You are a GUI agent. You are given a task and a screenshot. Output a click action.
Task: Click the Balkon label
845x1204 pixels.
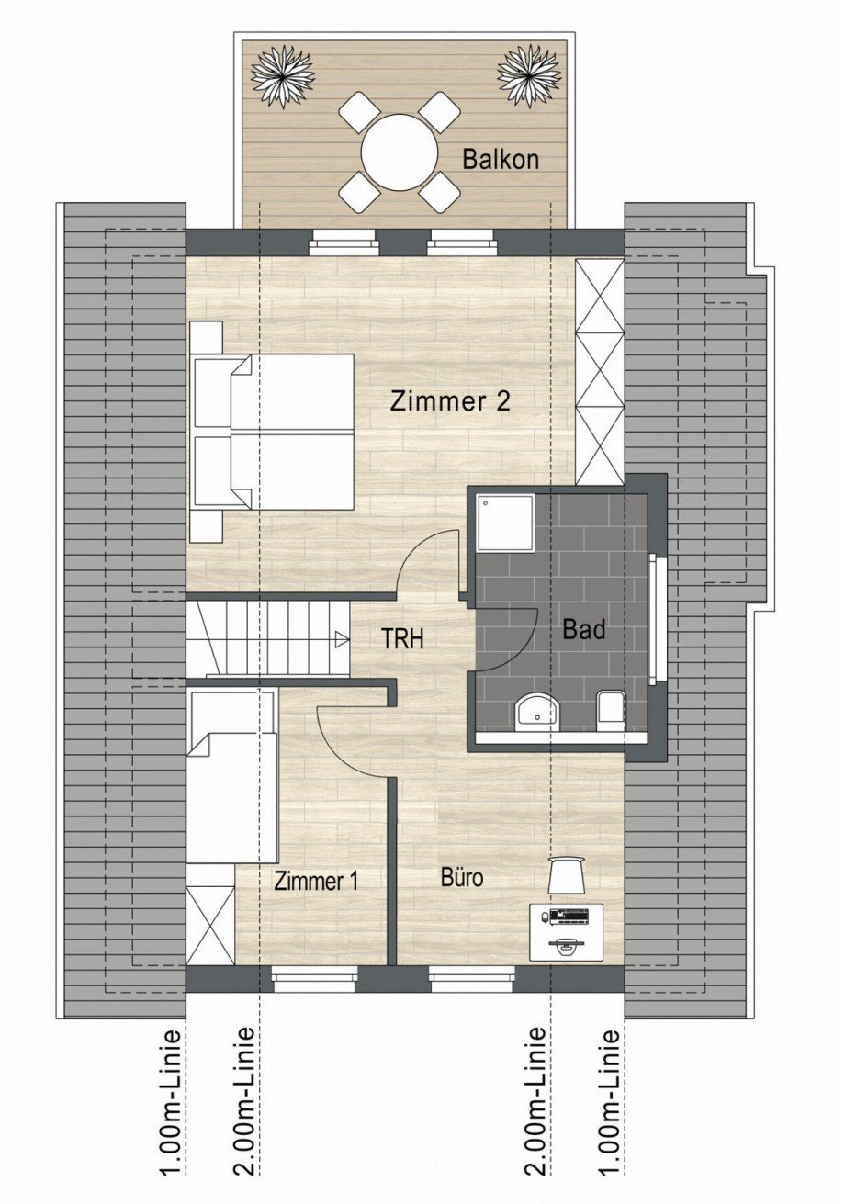pyautogui.click(x=500, y=160)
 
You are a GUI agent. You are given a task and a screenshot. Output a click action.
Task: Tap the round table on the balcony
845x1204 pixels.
pyautogui.click(x=400, y=152)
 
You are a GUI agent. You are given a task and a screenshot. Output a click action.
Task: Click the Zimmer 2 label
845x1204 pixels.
pyautogui.click(x=449, y=401)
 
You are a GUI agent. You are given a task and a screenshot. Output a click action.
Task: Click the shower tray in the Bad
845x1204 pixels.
pyautogui.click(x=504, y=523)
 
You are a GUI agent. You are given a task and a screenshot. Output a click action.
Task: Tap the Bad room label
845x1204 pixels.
pyautogui.click(x=584, y=631)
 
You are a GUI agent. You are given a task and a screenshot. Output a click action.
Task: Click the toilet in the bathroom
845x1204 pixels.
pyautogui.click(x=610, y=710)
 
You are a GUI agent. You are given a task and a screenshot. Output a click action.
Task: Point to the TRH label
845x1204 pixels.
pyautogui.click(x=403, y=639)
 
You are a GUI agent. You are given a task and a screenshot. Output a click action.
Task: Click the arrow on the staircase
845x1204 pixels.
pyautogui.click(x=341, y=638)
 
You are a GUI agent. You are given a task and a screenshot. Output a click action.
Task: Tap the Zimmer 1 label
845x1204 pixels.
pyautogui.click(x=316, y=881)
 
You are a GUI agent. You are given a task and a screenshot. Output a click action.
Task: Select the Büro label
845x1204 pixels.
pyautogui.click(x=461, y=877)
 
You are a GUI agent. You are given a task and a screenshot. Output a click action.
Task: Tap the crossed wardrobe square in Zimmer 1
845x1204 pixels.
pyautogui.click(x=210, y=925)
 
